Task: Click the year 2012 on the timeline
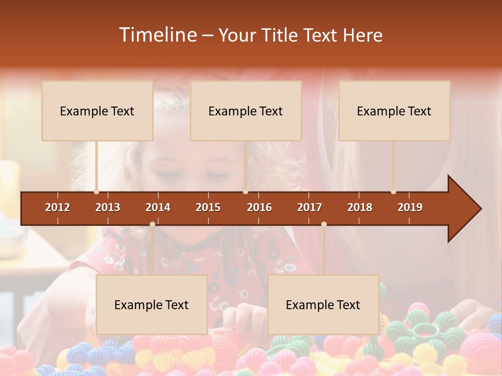coord(58,207)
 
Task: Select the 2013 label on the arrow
coord(108,207)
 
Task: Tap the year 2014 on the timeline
coord(158,207)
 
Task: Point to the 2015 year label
coord(208,207)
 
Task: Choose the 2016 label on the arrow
coord(259,207)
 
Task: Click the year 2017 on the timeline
coord(310,207)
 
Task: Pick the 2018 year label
coord(360,207)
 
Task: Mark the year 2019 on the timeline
coord(410,207)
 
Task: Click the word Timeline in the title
coord(157,35)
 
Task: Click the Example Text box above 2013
coord(97,111)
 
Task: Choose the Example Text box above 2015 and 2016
coord(246,111)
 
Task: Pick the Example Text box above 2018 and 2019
coord(394,111)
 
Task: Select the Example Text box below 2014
coord(152,304)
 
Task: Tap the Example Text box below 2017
coord(323,304)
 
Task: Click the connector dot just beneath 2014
coord(152,224)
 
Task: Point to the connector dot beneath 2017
coord(324,224)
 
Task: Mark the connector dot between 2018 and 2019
coord(393,192)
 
